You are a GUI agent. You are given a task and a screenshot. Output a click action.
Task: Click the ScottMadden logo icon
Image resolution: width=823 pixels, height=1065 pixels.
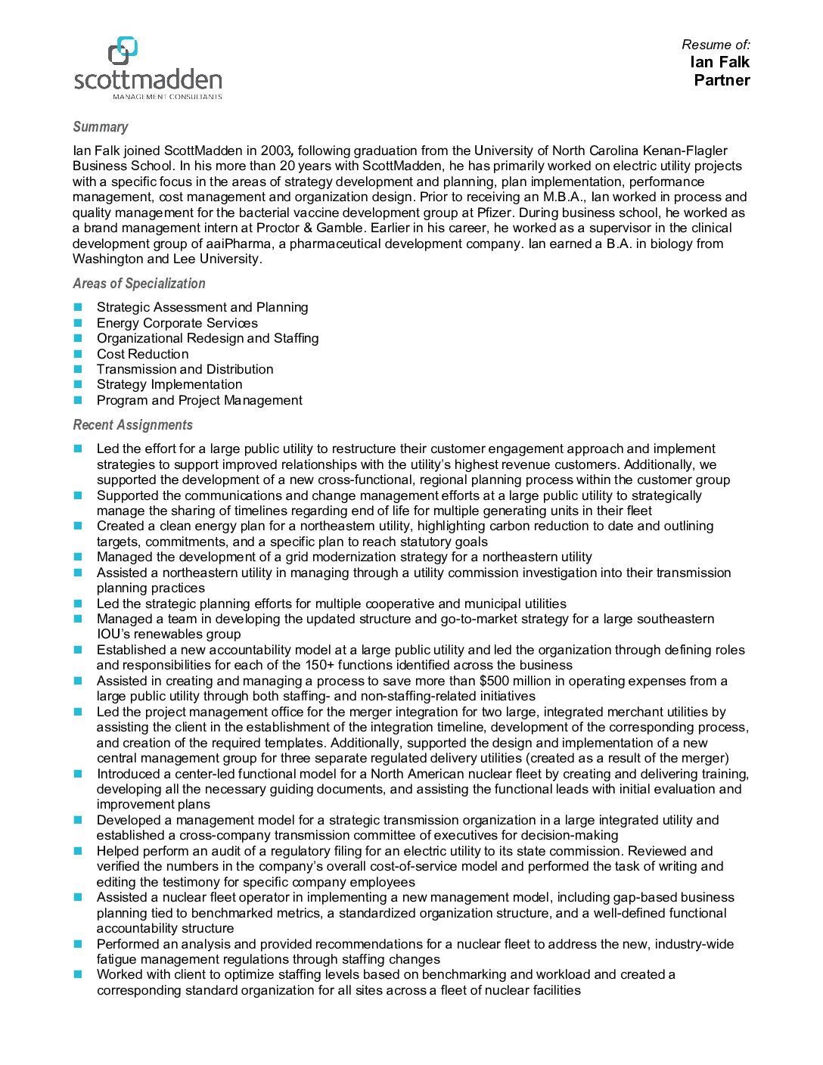123,50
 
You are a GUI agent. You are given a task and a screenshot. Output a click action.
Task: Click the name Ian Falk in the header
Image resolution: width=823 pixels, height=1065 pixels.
719,62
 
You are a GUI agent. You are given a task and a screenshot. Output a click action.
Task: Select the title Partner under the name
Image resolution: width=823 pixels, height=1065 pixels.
722,80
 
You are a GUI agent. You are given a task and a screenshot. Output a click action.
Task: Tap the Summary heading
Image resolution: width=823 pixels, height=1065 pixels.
100,127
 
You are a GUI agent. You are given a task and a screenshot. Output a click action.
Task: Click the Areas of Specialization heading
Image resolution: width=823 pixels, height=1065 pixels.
138,284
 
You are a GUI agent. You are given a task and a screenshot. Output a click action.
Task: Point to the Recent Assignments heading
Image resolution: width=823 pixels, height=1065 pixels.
132,425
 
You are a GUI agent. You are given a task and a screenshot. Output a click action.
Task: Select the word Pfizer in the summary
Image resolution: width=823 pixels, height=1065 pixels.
495,213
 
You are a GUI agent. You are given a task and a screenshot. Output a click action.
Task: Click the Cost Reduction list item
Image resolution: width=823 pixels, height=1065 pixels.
142,354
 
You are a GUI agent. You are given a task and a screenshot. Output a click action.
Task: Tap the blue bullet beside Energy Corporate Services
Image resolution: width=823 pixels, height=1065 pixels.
77,323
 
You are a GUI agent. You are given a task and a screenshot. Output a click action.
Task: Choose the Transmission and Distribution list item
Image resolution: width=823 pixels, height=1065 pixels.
185,369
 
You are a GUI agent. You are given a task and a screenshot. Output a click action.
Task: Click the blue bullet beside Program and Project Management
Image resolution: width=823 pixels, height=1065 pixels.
77,400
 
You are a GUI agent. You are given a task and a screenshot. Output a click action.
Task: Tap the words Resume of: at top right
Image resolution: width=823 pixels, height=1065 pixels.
716,45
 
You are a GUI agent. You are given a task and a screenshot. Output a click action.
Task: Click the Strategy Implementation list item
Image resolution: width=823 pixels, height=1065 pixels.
169,384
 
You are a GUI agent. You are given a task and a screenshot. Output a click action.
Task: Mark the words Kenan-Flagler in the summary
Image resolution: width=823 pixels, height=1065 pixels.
684,151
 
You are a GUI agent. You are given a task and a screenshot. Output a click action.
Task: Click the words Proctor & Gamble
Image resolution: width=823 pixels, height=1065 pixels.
309,228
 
